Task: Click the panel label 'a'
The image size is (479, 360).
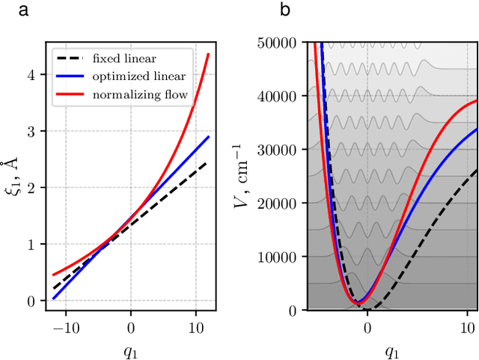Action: click(x=5, y=10)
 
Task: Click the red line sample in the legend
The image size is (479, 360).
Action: click(x=72, y=94)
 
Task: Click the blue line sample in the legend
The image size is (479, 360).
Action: click(x=72, y=76)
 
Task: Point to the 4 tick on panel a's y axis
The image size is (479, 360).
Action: click(x=31, y=75)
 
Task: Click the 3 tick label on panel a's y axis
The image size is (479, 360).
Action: click(x=31, y=131)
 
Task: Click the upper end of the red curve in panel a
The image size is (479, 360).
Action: click(x=208, y=54)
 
